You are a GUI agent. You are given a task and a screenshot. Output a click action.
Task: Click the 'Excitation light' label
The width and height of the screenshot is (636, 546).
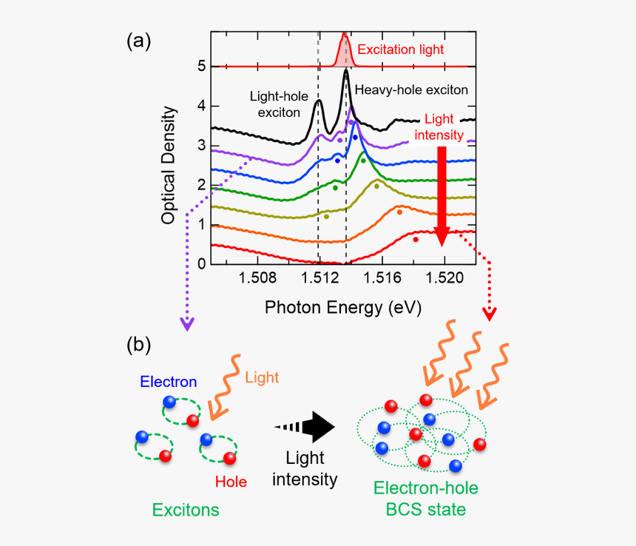pos(401,50)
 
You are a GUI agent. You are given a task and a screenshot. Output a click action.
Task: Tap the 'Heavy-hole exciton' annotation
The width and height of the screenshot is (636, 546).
pos(412,90)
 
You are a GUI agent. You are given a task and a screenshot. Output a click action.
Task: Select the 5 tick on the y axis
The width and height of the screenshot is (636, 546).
pos(201,67)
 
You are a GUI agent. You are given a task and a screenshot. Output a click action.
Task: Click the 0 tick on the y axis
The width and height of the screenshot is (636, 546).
pos(201,264)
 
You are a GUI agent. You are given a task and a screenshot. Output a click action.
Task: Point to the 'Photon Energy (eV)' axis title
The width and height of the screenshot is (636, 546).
pos(343,308)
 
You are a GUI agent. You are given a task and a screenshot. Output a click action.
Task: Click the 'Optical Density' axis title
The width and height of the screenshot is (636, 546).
pos(169,165)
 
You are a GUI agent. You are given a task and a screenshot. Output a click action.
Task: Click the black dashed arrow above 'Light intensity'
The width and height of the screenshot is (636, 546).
pos(305,427)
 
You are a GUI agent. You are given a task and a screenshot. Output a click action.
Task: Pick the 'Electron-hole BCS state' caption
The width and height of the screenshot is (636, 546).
pos(425,499)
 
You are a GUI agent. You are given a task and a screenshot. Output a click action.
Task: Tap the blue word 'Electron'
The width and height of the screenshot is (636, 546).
pos(169,382)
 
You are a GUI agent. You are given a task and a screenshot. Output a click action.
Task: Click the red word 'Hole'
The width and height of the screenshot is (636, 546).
pos(231,482)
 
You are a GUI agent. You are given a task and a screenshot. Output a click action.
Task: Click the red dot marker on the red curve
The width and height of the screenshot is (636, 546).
pos(416,239)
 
